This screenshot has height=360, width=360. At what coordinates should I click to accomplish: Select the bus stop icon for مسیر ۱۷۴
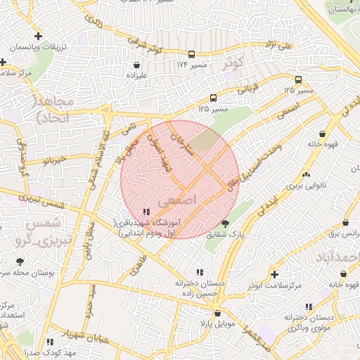coord(191,53)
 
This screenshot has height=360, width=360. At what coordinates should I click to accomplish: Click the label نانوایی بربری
coord(306,188)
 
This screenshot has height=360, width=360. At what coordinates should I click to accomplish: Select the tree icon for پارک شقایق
coord(224,224)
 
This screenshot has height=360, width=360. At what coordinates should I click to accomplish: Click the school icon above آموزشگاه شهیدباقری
coord(146,211)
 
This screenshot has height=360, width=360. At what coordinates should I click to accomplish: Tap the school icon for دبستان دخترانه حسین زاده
coord(200,271)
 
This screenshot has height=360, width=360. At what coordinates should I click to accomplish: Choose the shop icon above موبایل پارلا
coord(217,313)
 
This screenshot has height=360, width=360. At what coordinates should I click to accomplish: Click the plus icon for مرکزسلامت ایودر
coord(274,274)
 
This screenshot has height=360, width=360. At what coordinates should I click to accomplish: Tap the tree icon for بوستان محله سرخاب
coord(19,262)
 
